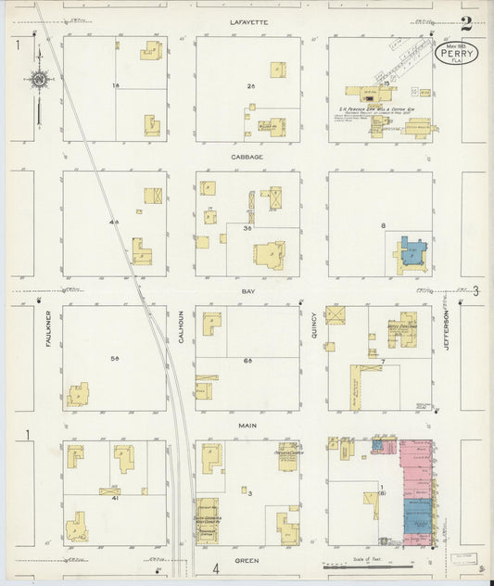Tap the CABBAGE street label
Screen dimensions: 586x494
click(247, 157)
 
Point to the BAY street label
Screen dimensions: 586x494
click(247, 291)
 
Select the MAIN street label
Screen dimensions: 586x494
click(247, 426)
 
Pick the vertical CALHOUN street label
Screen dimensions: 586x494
click(182, 328)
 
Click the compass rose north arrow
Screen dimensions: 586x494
click(39, 80)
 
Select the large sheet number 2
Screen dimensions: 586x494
click(466, 24)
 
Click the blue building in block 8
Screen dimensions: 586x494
click(411, 254)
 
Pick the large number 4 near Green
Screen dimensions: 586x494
click(215, 567)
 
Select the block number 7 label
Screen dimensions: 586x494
click(382, 361)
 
